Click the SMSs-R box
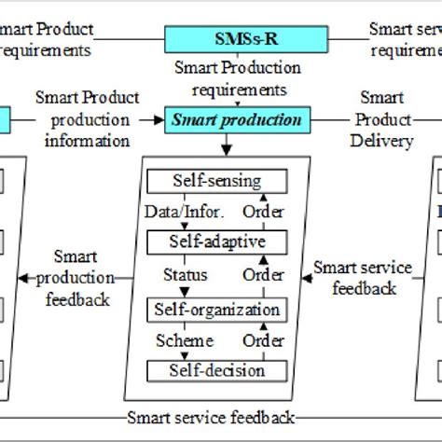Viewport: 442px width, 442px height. pos(246,38)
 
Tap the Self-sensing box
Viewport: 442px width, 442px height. pos(216,180)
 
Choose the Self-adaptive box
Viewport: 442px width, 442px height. pos(216,242)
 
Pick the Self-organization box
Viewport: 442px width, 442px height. pos(216,309)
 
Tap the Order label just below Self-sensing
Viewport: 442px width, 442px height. pos(264,211)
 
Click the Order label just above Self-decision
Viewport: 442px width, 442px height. pos(264,340)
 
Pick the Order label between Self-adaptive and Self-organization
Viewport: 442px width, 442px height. pos(264,276)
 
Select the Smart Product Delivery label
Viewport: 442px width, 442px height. pos(382,119)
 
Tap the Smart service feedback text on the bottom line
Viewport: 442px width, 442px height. pos(211,417)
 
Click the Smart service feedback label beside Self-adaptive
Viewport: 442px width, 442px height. pos(362,277)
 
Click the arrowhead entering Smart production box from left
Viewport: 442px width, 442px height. pos(160,120)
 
